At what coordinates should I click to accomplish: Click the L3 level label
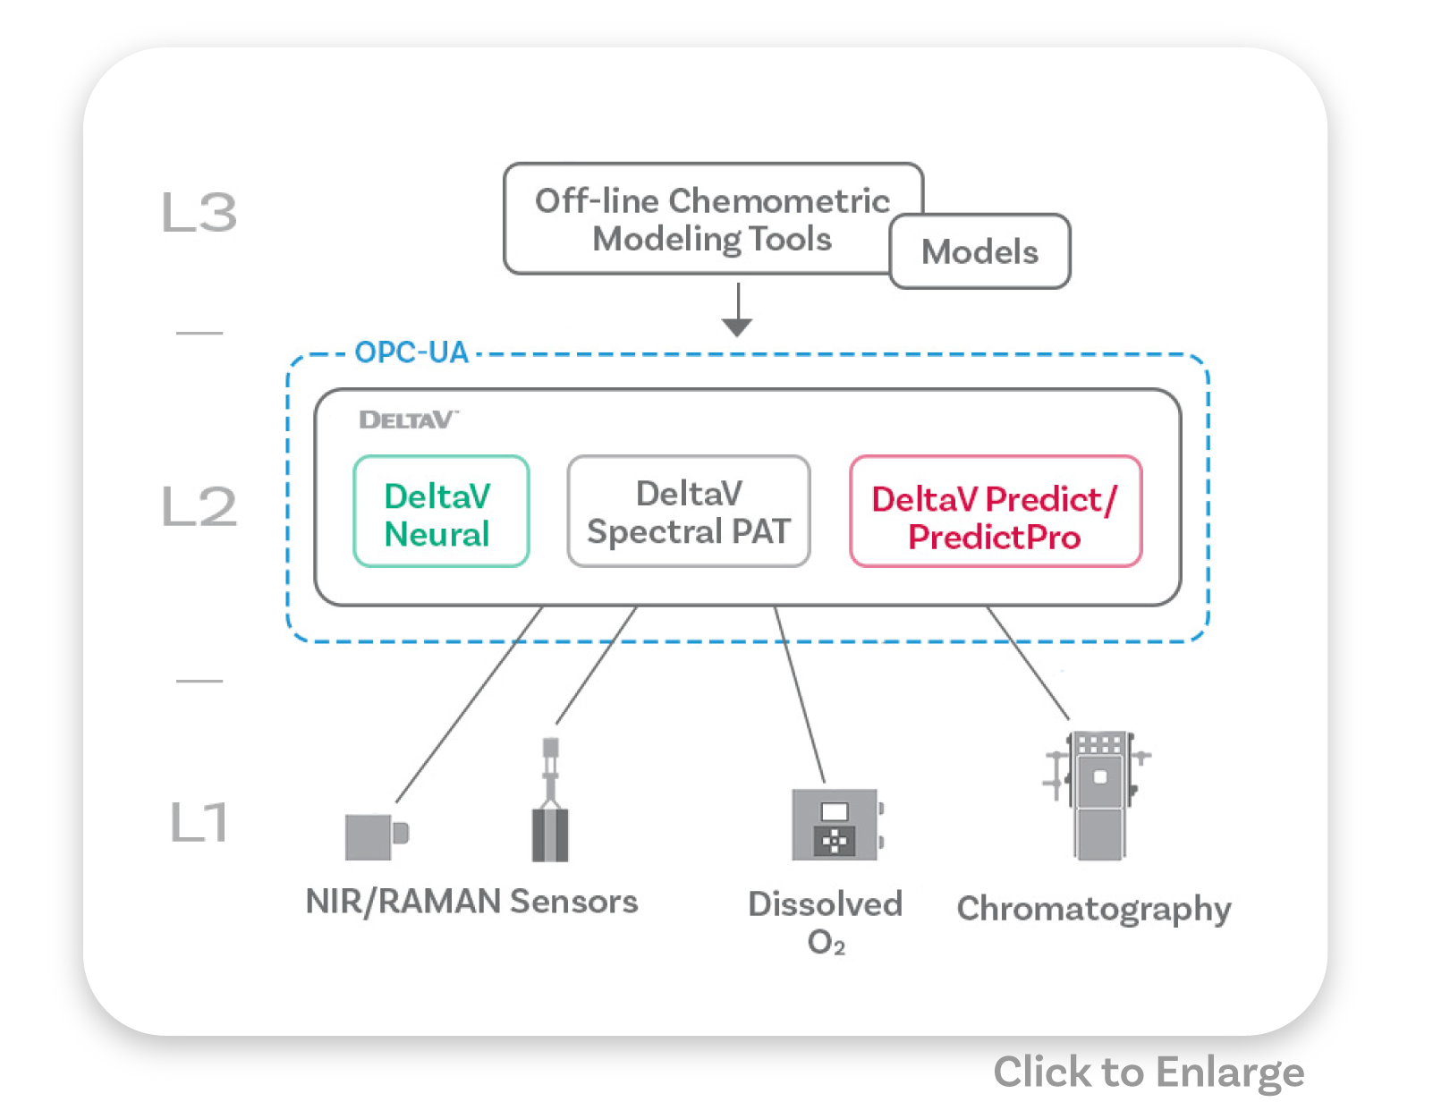tap(199, 213)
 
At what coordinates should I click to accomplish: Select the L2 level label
tap(199, 506)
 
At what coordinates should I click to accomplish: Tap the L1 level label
tap(199, 823)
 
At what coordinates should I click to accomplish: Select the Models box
tap(980, 252)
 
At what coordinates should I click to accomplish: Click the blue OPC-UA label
tap(411, 352)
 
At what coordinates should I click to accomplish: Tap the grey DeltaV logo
tap(408, 420)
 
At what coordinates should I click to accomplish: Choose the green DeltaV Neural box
tap(441, 512)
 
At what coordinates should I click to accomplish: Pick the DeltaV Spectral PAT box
tap(689, 512)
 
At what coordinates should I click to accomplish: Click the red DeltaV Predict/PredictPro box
tap(996, 512)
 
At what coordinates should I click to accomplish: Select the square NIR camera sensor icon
tap(375, 835)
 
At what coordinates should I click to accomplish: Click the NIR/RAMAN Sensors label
tap(471, 902)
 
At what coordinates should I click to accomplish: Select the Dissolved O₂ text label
tap(826, 921)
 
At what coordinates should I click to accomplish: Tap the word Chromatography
tap(1094, 909)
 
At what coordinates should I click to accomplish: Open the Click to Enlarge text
tap(1149, 1072)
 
